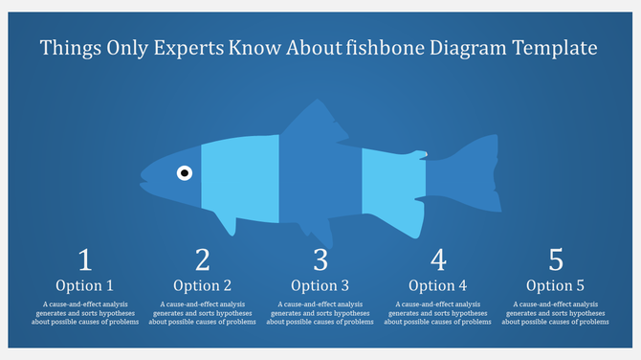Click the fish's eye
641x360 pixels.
[x=185, y=173]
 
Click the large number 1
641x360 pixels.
[x=84, y=259]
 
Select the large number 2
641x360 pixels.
[x=202, y=259]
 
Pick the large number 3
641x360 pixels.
[x=320, y=259]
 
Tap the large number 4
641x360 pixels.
[x=438, y=259]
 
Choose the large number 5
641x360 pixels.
[x=556, y=259]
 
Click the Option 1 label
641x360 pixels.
[x=84, y=285]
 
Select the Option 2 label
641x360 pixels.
[x=202, y=285]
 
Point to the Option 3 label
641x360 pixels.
[x=320, y=285]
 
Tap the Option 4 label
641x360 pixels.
[x=438, y=285]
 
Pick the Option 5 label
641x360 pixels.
[x=556, y=285]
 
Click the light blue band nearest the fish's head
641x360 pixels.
[x=239, y=175]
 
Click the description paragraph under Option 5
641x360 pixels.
[x=556, y=313]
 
